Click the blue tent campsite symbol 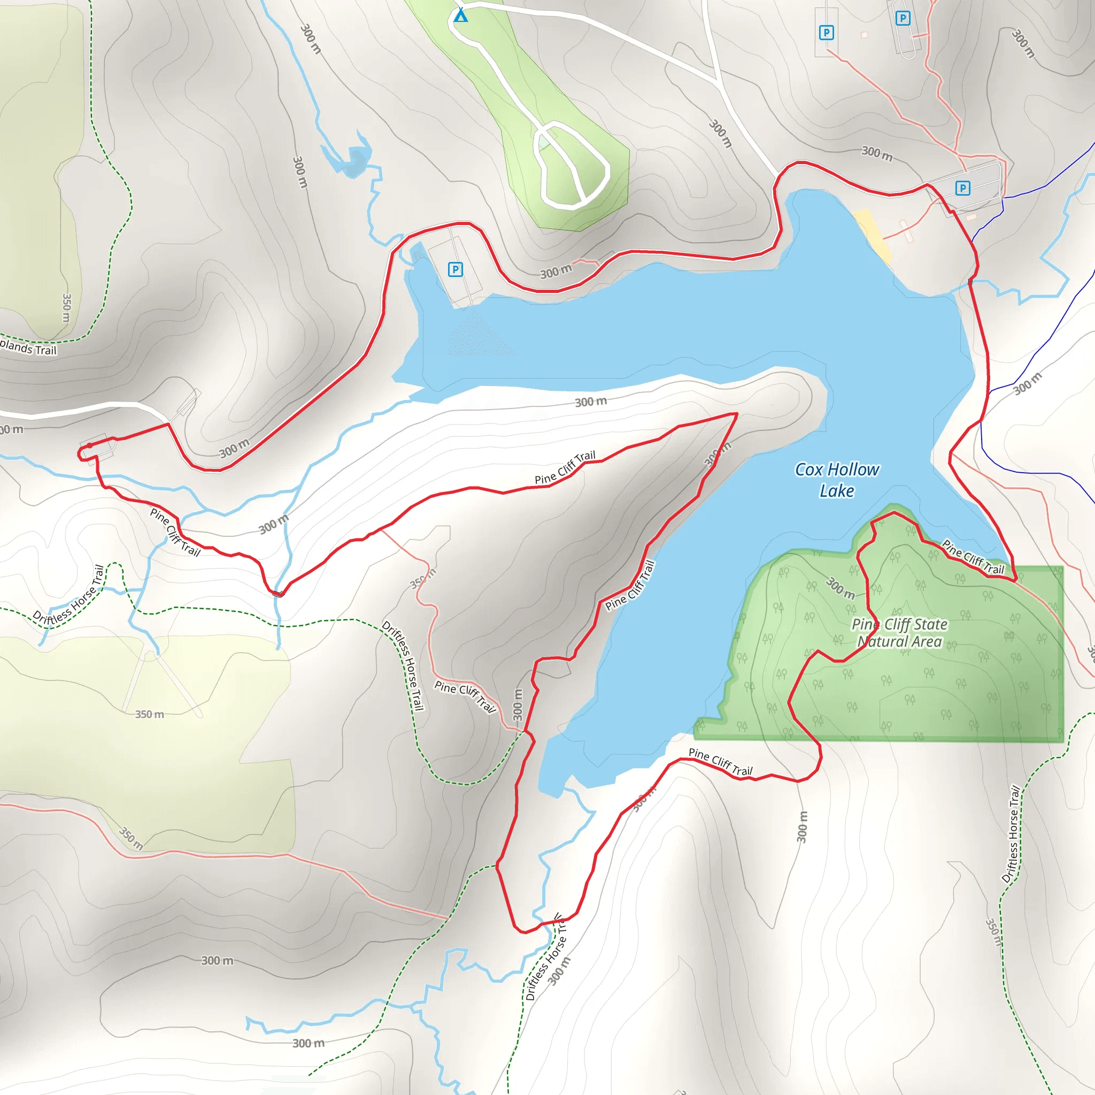point(461,15)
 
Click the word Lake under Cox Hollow point(837,491)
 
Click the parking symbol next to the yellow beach point(962,188)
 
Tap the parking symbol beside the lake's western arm point(455,269)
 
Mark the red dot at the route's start point(89,445)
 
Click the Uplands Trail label point(28,346)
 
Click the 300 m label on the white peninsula point(591,402)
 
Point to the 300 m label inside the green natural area point(840,588)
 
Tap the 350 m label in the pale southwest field point(150,714)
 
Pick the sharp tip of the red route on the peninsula point(736,414)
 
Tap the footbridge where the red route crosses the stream point(277,593)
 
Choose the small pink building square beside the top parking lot point(865,35)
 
